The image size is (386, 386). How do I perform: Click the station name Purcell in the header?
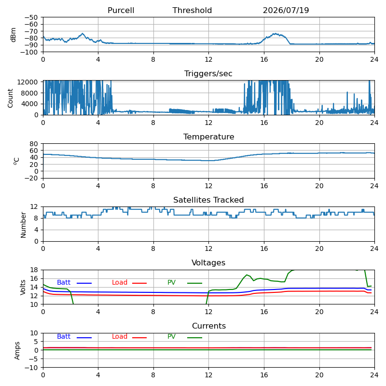(x=121, y=10)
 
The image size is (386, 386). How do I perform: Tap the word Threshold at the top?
(x=192, y=10)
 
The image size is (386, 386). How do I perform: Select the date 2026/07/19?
(x=286, y=10)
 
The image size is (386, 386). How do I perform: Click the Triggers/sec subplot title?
(x=208, y=74)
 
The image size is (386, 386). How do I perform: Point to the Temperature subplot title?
(x=209, y=137)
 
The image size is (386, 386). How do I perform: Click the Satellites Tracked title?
(x=208, y=200)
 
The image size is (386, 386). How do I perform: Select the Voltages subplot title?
(x=208, y=262)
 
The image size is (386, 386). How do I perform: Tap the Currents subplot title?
(x=209, y=326)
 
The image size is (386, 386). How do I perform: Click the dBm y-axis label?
(x=13, y=35)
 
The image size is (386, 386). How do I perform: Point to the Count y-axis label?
(x=10, y=98)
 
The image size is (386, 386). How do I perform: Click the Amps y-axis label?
(x=17, y=351)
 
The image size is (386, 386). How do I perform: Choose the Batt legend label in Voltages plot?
(x=64, y=282)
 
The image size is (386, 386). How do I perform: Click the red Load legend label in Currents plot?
(x=120, y=336)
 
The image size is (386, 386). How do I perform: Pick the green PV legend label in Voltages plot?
(x=171, y=282)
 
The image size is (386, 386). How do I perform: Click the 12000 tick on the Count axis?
(x=28, y=82)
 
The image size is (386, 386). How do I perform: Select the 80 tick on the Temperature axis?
(x=34, y=144)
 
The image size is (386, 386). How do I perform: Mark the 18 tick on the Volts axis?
(x=34, y=270)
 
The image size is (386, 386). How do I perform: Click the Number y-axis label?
(x=23, y=225)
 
